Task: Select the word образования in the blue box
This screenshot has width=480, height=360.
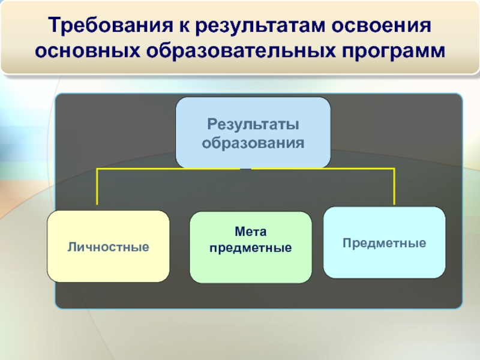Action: point(253,143)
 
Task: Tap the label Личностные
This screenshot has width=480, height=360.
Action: point(108,247)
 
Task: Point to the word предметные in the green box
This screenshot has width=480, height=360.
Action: point(251,247)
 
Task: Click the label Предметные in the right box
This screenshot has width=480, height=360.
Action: point(385,243)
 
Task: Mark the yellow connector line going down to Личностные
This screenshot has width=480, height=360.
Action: point(97,189)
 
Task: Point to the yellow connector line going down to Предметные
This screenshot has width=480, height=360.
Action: point(394,187)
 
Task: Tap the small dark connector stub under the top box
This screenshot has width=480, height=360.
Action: point(245,169)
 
